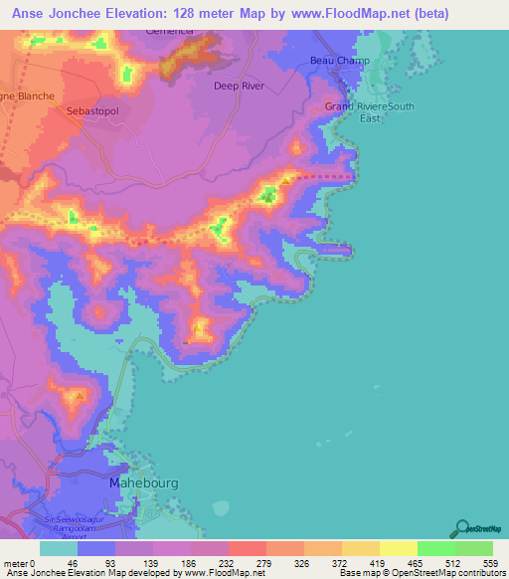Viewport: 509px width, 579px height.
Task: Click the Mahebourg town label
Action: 141,483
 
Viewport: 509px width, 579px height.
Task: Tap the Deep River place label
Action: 239,87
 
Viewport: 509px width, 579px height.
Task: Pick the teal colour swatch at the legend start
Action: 59,548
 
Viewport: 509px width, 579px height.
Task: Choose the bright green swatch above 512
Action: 436,548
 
